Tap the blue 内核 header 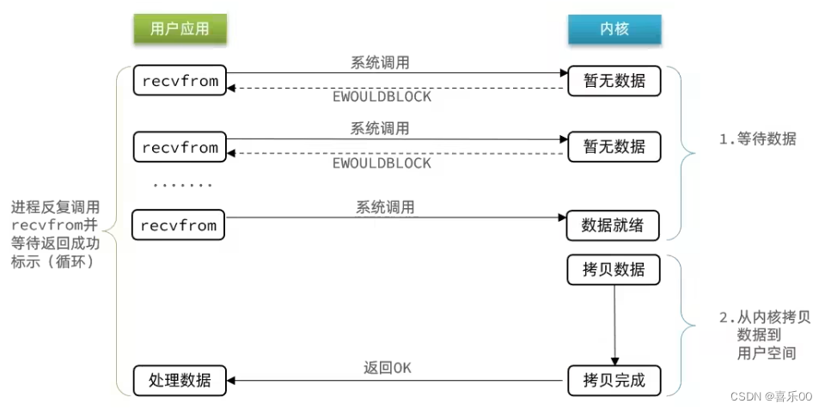[614, 29]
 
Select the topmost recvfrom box [179, 82]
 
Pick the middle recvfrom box [179, 147]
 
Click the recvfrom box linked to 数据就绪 [179, 225]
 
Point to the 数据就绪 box [614, 225]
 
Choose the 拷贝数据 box [614, 270]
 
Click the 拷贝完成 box [614, 380]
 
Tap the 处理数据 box [179, 380]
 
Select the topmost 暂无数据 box [614, 82]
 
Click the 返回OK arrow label [388, 368]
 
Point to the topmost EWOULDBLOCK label [382, 97]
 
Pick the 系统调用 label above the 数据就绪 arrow [385, 207]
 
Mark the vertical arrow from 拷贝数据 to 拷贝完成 [614, 325]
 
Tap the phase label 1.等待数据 [757, 139]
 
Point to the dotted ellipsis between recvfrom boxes [182, 185]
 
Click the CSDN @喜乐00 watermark [770, 396]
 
